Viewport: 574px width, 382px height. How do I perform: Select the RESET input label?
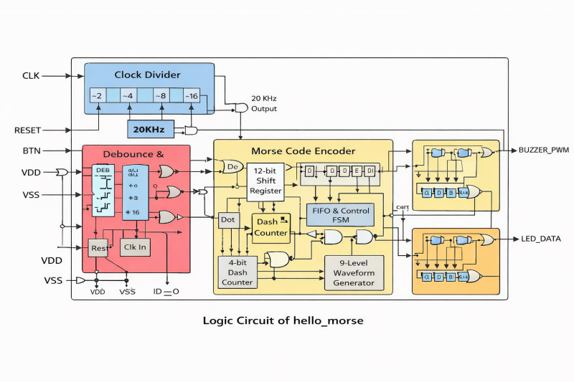pos(27,130)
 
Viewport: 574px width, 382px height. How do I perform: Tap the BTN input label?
pos(32,151)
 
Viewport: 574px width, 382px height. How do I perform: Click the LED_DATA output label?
pos(541,239)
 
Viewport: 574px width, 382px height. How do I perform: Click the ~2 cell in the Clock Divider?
pos(98,96)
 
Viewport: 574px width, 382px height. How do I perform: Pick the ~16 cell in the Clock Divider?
pos(191,96)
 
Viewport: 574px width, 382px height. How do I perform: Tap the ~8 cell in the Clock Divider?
pos(159,96)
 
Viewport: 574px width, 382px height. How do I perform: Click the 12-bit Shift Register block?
pos(265,181)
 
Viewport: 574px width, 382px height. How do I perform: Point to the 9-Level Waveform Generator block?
pos(354,273)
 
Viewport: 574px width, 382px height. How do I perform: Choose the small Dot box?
pos(228,220)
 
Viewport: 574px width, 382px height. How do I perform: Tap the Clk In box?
pos(136,247)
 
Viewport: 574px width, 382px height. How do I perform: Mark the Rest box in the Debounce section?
pos(98,248)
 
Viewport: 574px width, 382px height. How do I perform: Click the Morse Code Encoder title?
pos(303,151)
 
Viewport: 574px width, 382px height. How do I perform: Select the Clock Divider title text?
pos(148,75)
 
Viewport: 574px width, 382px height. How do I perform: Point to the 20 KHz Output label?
pos(264,103)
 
